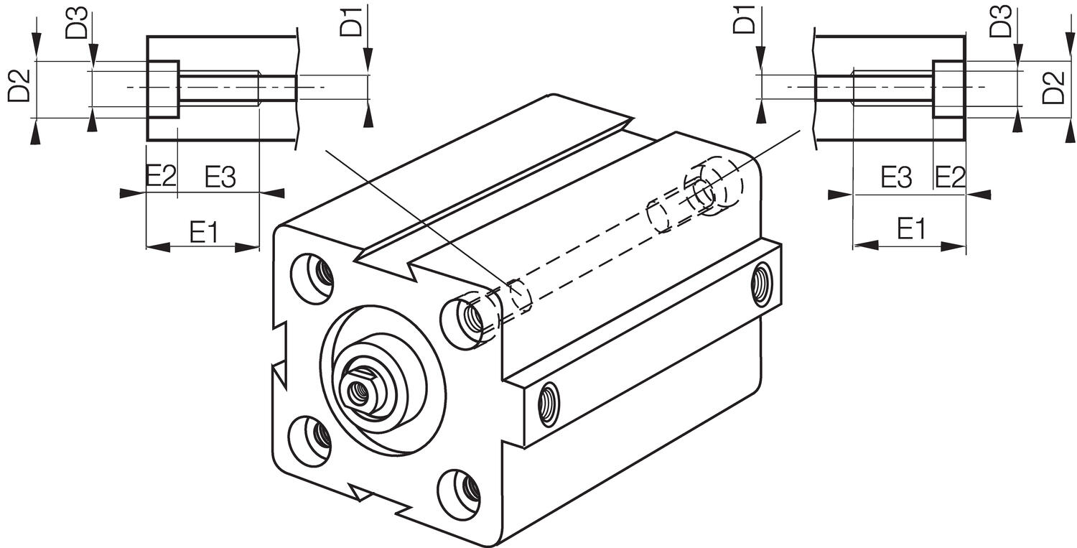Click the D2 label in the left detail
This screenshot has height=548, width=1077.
19,85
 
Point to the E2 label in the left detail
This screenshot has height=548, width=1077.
161,177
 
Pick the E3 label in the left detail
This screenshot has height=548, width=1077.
220,177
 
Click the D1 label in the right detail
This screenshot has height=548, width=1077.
744,22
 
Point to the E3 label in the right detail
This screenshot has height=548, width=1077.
896,177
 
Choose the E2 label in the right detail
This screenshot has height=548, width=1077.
949,177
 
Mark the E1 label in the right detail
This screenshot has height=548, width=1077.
911,231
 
